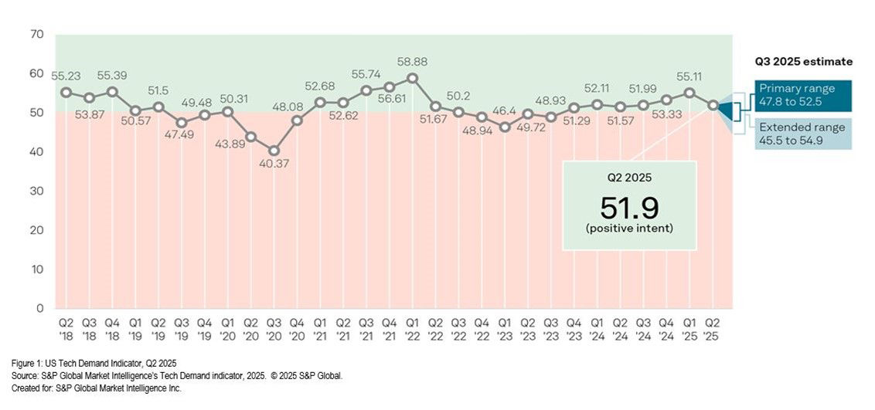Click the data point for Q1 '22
pyautogui.click(x=412, y=78)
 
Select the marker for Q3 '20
pyautogui.click(x=274, y=151)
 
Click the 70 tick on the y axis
pyautogui.click(x=37, y=35)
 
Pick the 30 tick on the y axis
pyautogui.click(x=37, y=191)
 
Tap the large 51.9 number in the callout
pyautogui.click(x=628, y=207)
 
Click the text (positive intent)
pyautogui.click(x=628, y=229)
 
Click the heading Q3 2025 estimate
pyautogui.click(x=803, y=62)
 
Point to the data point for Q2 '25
pyautogui.click(x=712, y=105)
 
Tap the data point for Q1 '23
pyautogui.click(x=505, y=127)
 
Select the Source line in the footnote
pyautogui.click(x=176, y=375)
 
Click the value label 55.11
pyautogui.click(x=689, y=77)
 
